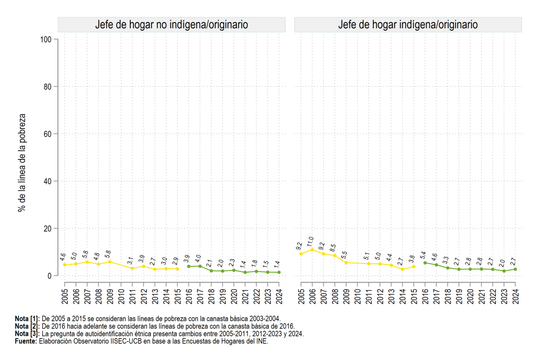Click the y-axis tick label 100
pos(46,40)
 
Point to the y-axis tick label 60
pos(48,134)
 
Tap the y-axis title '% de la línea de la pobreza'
pos(22,163)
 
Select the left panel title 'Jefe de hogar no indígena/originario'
pos(172,25)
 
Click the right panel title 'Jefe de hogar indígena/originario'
pos(408,25)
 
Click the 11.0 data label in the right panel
pos(310,241)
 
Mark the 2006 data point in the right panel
pos(312,250)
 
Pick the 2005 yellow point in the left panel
pos(65,265)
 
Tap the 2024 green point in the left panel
pos(279,272)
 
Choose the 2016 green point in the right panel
pos(425,263)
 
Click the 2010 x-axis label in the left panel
pos(121,297)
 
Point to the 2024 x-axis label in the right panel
pos(515,297)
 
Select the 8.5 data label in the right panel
pos(333,248)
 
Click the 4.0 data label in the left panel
pos(198,258)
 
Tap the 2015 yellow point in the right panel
pos(414,267)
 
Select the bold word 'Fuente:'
pos(26,341)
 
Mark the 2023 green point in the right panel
pos(504,271)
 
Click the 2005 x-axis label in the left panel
pos(65,297)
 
